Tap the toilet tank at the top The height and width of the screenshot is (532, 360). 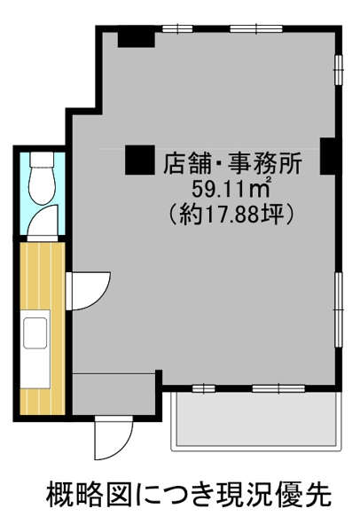click(42, 159)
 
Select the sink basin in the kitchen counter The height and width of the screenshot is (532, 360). click(35, 332)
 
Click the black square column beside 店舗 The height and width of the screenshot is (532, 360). click(140, 160)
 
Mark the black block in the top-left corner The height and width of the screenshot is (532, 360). click(137, 40)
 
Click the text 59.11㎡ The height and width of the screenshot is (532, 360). click(231, 190)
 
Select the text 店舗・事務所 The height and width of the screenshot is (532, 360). click(232, 164)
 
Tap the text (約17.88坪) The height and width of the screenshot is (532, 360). click(231, 215)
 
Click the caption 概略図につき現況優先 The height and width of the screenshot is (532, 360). click(189, 495)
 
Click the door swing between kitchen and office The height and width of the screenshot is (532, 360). click(89, 291)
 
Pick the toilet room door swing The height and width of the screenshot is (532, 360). click(43, 221)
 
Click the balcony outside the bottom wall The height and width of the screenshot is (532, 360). click(255, 421)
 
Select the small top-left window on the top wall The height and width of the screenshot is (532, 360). click(177, 29)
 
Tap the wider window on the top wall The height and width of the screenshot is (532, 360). click(256, 29)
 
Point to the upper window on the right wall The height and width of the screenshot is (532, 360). click(339, 69)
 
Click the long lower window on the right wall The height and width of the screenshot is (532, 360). click(339, 309)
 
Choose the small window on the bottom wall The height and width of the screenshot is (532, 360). click(204, 388)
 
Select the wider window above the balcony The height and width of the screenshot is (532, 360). click(278, 388)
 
